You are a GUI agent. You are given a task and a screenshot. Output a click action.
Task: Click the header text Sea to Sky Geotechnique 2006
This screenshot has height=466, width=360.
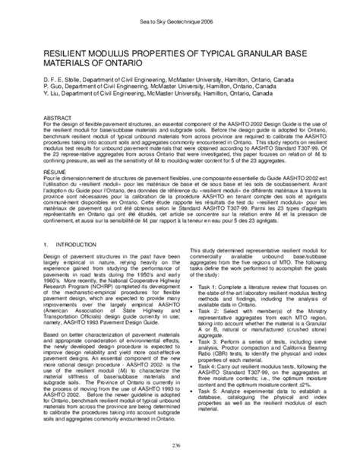coord(180,24)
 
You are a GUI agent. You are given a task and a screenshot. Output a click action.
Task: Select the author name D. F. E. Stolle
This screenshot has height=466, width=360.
coord(48,87)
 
